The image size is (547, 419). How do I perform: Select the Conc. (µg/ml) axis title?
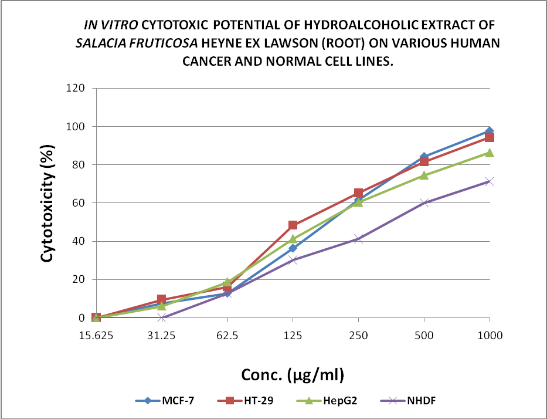pos(293,374)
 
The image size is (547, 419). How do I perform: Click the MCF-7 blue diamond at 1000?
pos(490,131)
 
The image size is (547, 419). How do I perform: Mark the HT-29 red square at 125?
pos(293,225)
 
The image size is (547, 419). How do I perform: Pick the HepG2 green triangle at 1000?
pos(490,153)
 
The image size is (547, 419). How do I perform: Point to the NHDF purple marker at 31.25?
pos(162,318)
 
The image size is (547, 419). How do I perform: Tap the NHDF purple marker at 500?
pos(424,203)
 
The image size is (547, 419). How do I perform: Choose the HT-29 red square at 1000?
pos(490,137)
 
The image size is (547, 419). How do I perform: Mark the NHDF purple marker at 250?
pos(359,239)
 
